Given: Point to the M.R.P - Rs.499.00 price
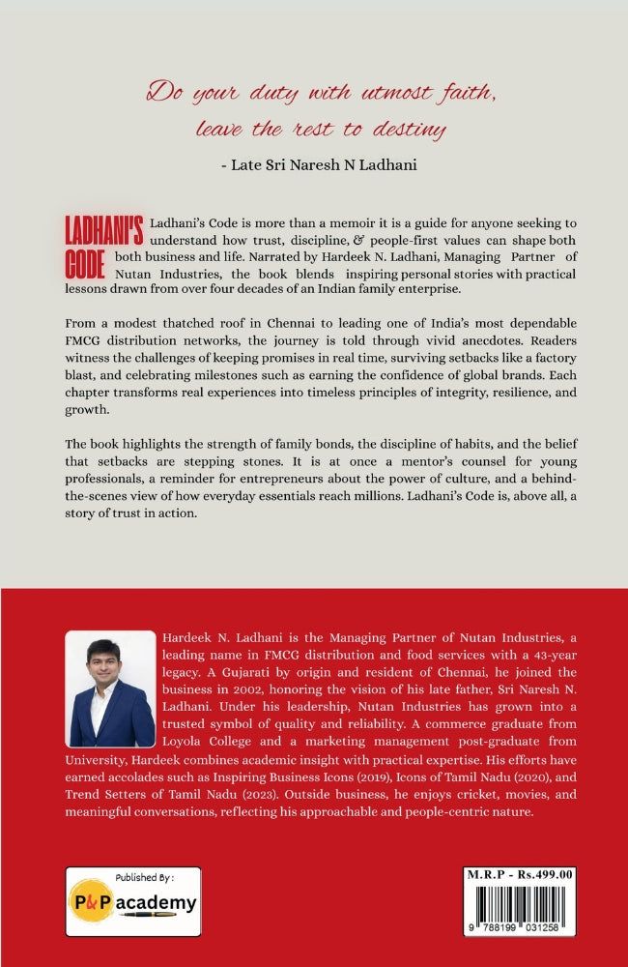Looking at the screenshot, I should tap(523, 873).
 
